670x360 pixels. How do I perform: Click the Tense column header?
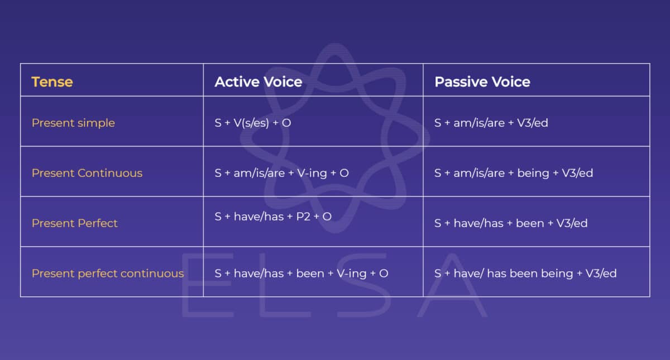click(52, 82)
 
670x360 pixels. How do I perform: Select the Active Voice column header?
click(258, 82)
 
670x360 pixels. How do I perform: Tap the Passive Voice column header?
click(482, 82)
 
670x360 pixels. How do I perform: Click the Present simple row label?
click(73, 123)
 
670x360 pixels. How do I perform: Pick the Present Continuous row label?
click(87, 173)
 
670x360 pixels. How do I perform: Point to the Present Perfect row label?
click(74, 223)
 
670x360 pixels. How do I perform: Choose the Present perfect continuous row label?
click(107, 273)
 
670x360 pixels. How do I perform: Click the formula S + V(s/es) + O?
click(252, 123)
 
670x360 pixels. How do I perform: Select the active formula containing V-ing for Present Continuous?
click(281, 173)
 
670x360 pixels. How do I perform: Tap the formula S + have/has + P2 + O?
click(272, 216)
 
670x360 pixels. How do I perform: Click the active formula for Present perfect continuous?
click(301, 273)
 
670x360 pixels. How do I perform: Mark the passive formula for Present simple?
click(491, 123)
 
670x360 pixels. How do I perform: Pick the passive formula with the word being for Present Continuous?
click(513, 173)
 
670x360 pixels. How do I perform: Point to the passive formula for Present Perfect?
click(510, 223)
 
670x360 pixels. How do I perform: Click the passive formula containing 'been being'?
click(525, 273)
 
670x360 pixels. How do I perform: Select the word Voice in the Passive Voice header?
click(508, 82)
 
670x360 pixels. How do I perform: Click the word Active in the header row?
click(235, 82)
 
